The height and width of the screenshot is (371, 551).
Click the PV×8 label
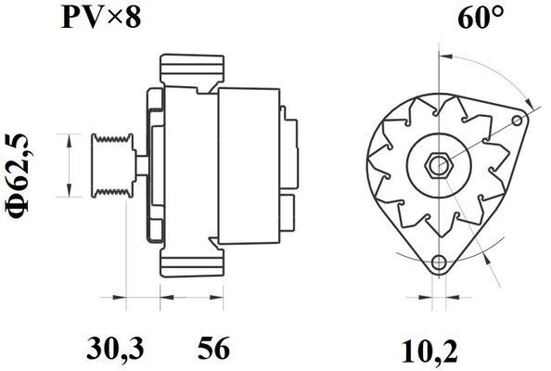coord(101,18)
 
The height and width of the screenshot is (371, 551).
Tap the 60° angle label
coord(481,18)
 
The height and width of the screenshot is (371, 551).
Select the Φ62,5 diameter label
coord(18,176)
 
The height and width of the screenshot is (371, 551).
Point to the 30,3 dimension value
coord(115,348)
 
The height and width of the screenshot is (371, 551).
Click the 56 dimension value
coord(213,348)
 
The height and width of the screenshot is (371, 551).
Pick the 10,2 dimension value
coord(429,352)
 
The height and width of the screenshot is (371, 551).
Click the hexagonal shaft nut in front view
coord(438,165)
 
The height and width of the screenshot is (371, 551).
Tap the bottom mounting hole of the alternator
coord(439,262)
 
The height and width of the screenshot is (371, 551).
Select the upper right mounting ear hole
coord(517,121)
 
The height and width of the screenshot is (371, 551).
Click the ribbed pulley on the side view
coord(112,165)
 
